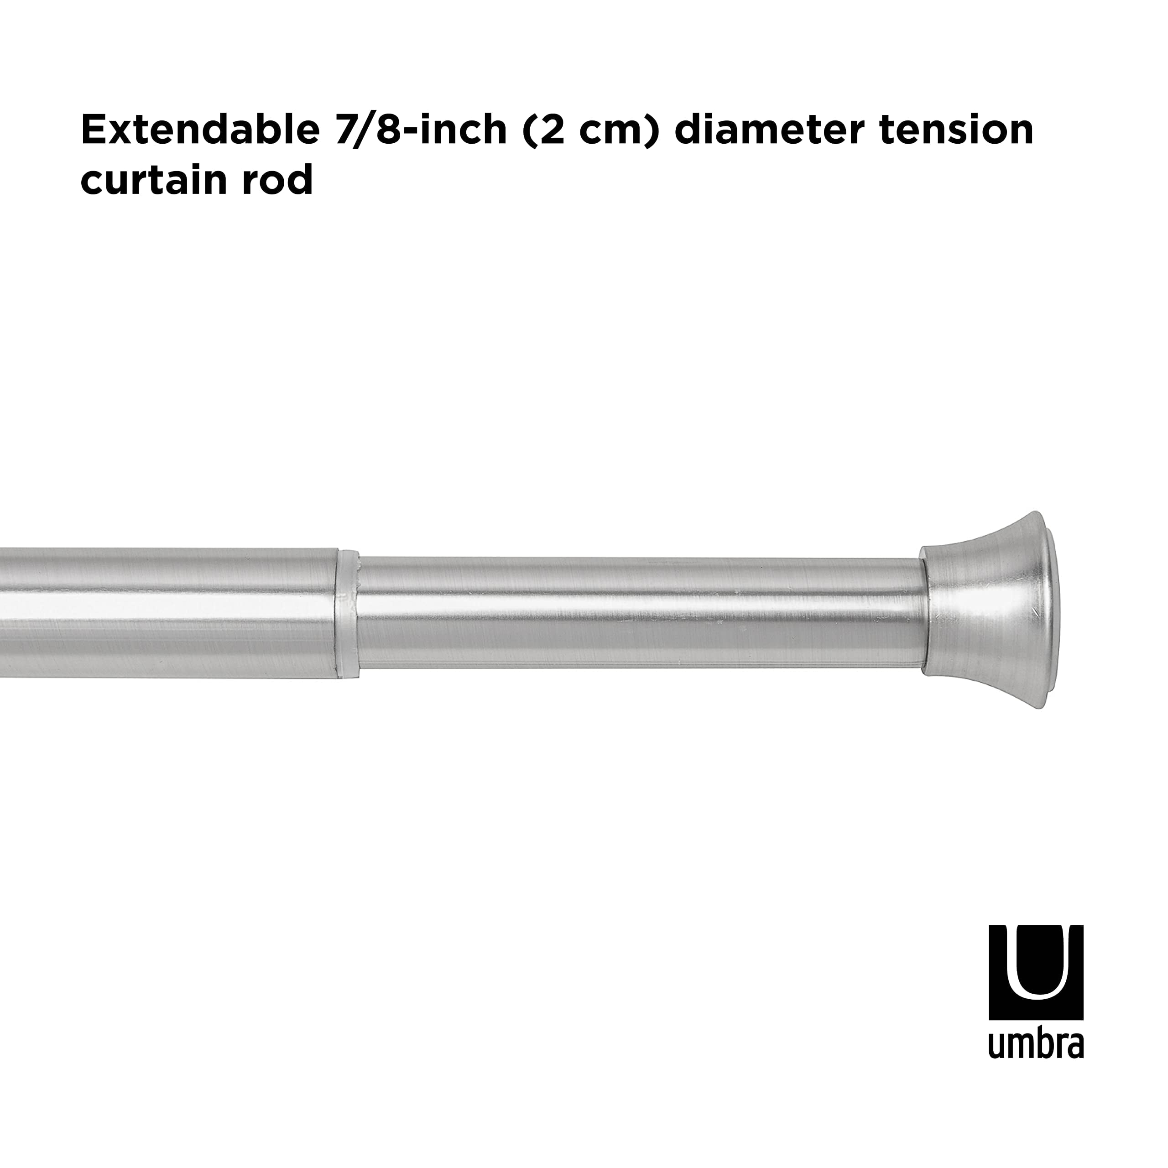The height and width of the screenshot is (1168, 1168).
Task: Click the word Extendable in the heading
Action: pyautogui.click(x=199, y=130)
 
